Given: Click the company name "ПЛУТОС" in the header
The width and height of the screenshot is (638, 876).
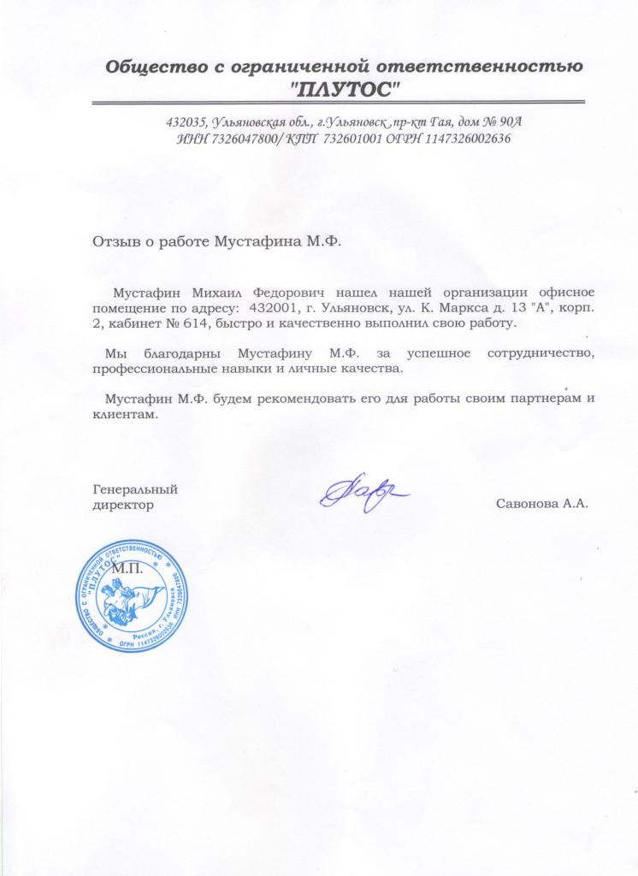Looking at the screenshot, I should pyautogui.click(x=346, y=87).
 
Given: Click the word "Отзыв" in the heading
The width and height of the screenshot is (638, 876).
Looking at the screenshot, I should pyautogui.click(x=114, y=242).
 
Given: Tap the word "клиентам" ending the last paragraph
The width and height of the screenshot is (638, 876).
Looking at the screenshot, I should pyautogui.click(x=125, y=415).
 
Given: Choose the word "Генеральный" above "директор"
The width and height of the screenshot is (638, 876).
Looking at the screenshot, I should pyautogui.click(x=134, y=489).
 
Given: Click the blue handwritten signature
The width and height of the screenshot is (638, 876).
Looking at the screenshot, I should pyautogui.click(x=363, y=494).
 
